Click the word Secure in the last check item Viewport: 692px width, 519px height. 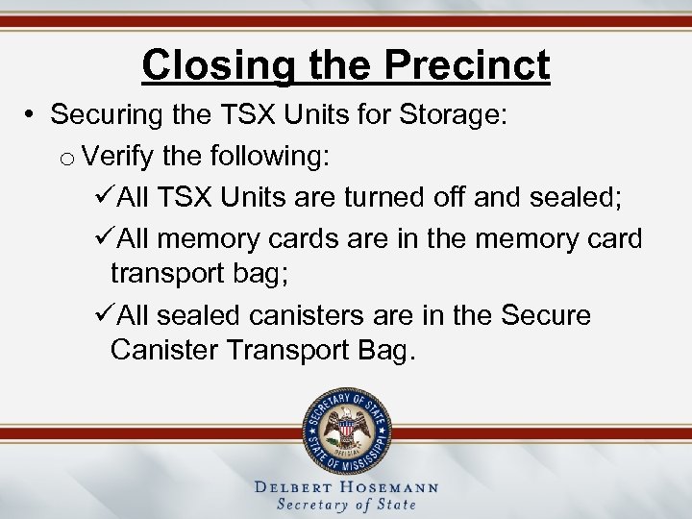click(x=545, y=315)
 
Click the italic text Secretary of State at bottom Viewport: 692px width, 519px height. click(x=346, y=505)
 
